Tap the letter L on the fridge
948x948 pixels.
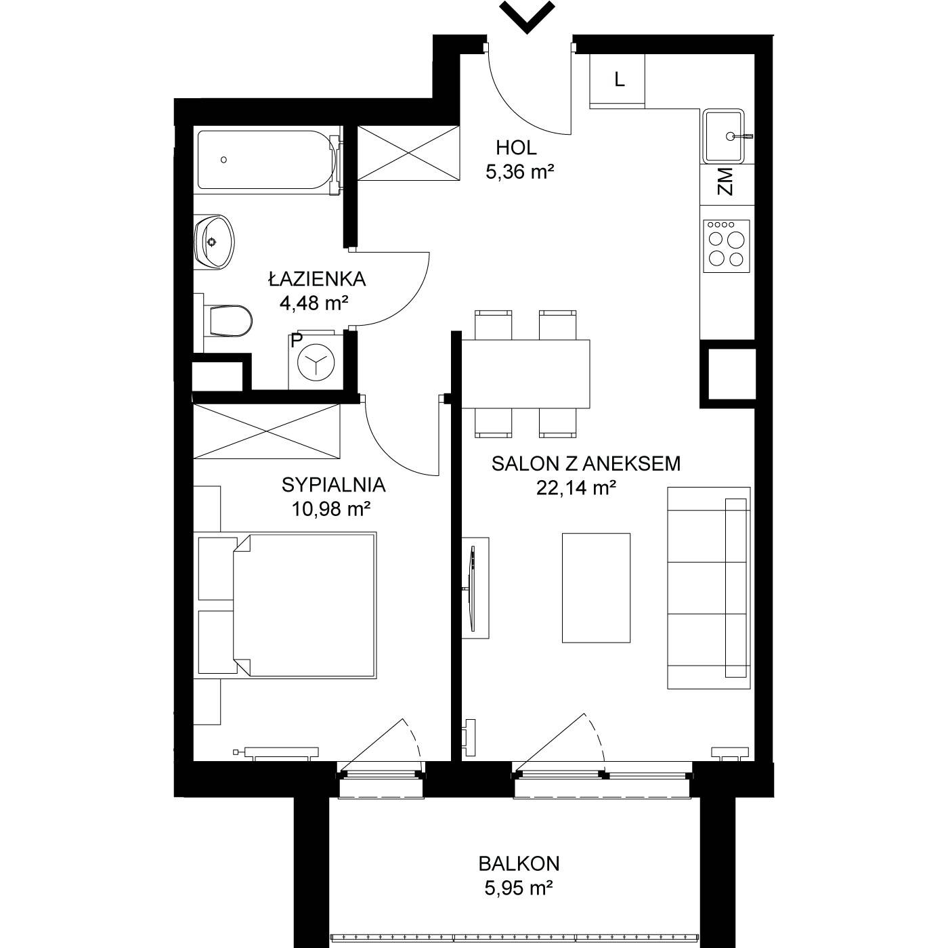620,79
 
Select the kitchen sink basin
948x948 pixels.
723,136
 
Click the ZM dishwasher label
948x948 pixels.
725,181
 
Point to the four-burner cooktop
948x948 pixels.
727,246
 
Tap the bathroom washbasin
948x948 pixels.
214,242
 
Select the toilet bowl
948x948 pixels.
227,321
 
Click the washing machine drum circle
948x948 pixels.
316,362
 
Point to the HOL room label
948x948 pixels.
516,148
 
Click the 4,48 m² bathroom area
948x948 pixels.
314,303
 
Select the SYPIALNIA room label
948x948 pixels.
333,485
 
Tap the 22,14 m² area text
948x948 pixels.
576,488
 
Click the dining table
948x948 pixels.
526,374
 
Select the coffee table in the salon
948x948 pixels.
596,588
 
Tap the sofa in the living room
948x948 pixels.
708,588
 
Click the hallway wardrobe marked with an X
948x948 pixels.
408,154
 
